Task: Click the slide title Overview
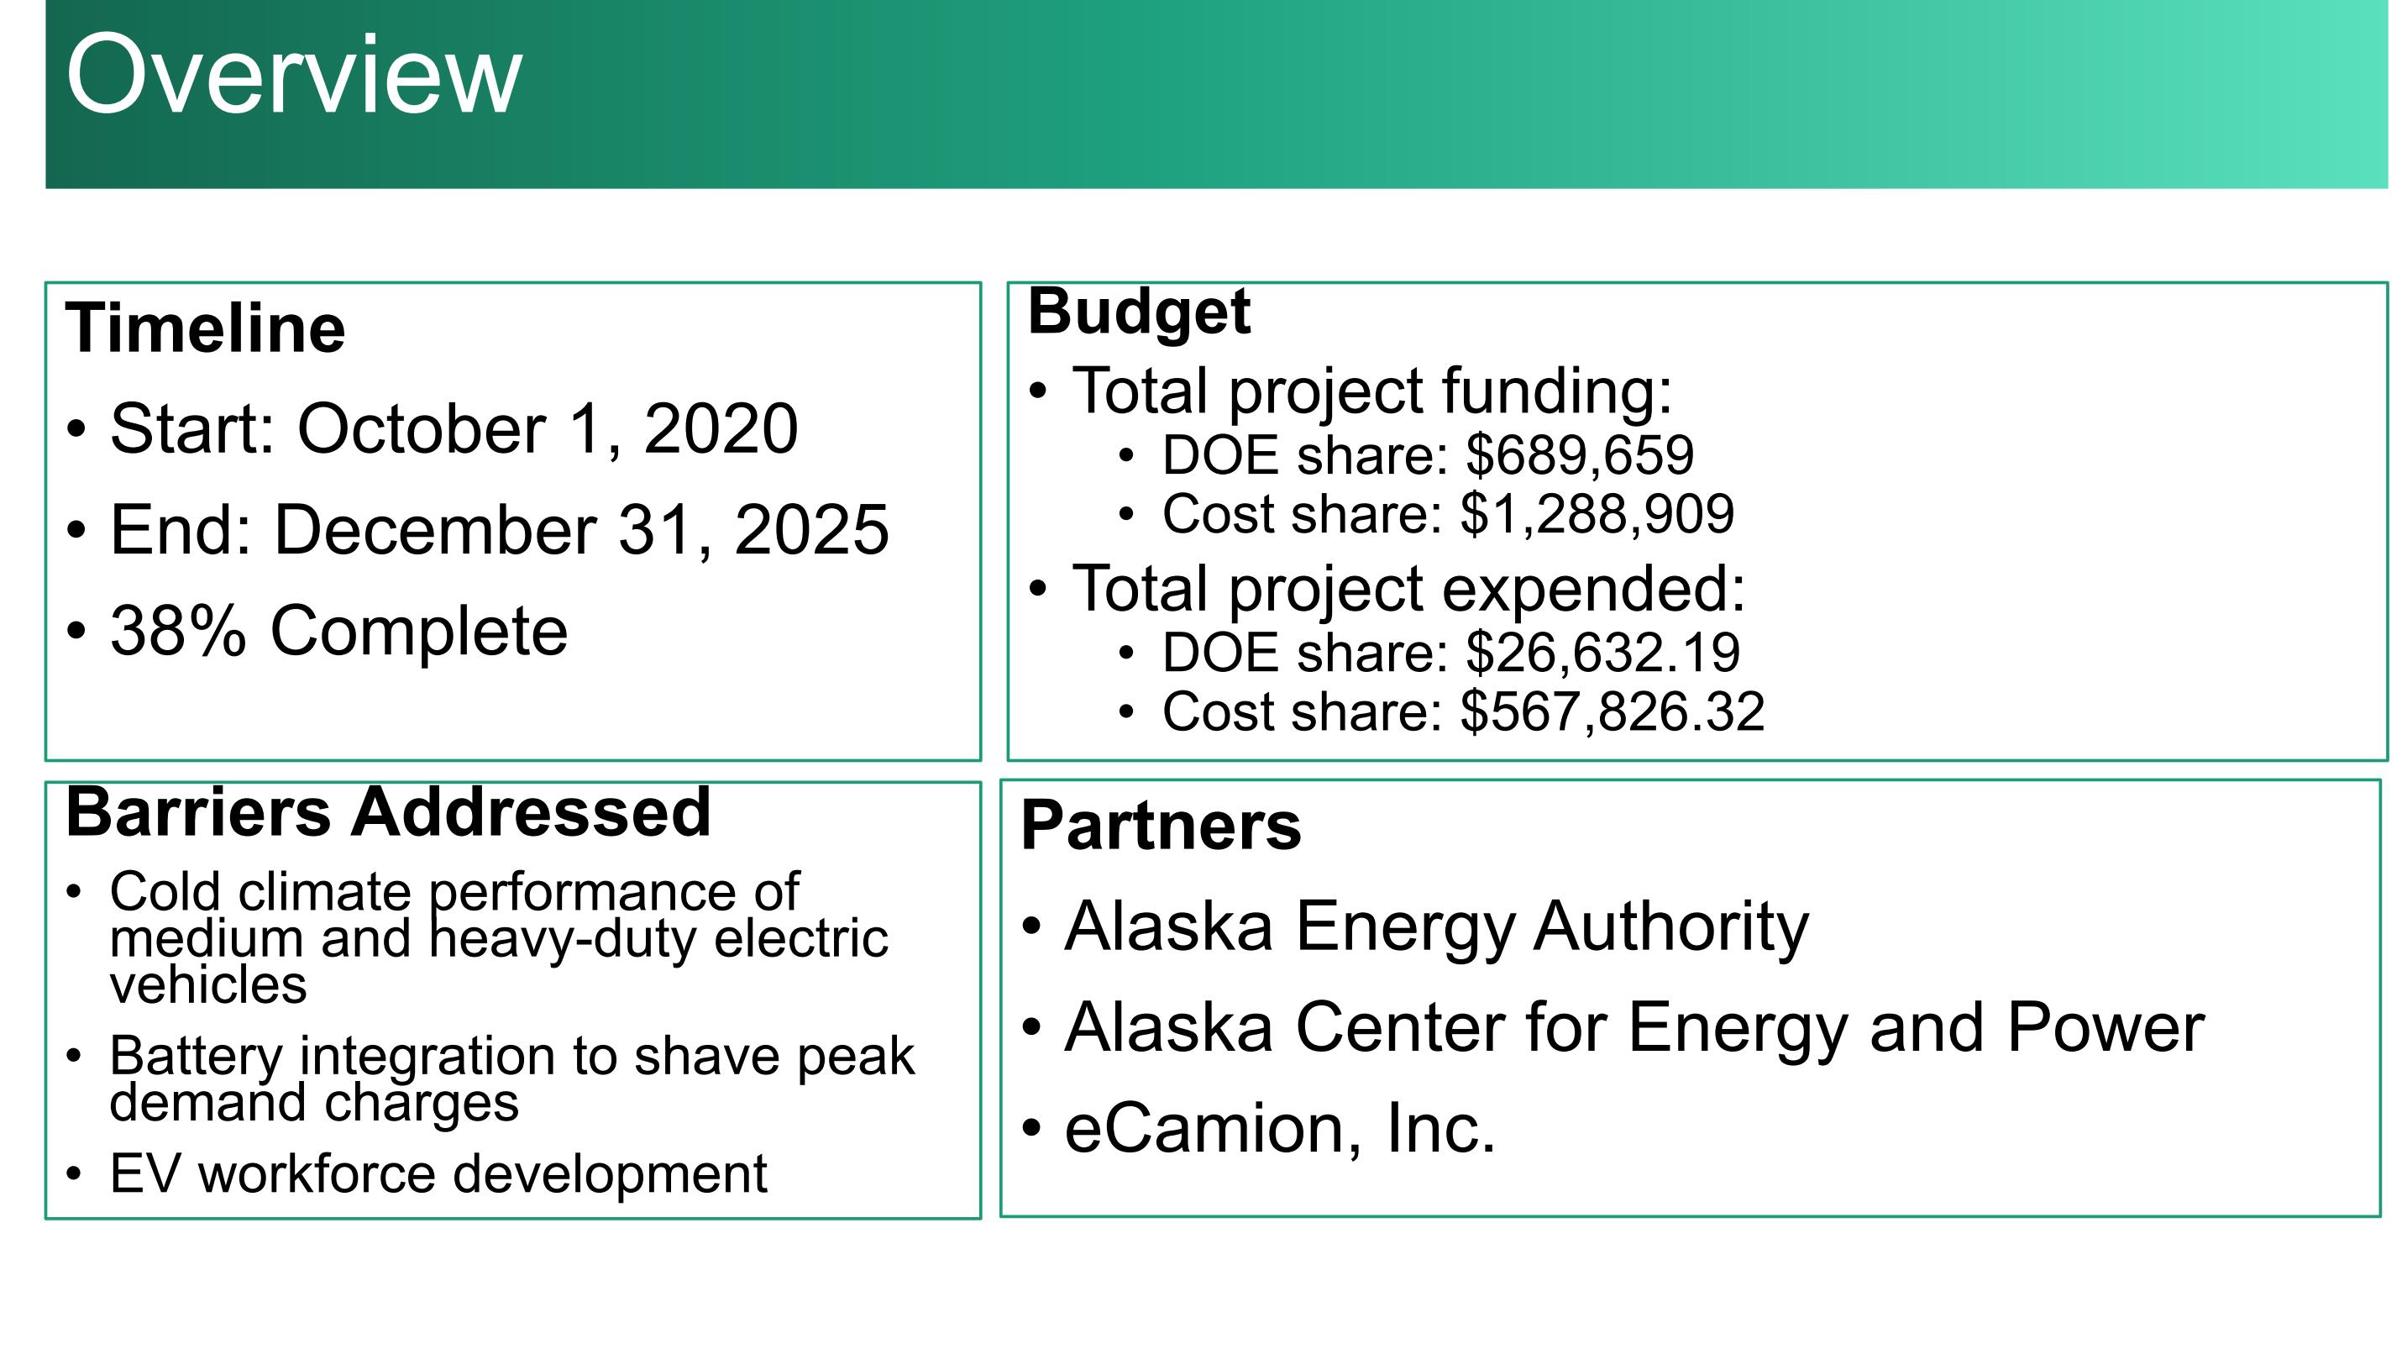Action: (293, 75)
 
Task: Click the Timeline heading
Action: (206, 329)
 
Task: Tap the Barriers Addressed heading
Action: (389, 811)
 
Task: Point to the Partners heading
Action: (1161, 825)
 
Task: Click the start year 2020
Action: (721, 429)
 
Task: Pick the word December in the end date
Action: (434, 530)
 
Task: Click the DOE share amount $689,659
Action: (1579, 456)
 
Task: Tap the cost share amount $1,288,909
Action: (1597, 515)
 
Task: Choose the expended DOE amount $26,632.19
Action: (1602, 653)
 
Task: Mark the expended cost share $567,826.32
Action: (1613, 712)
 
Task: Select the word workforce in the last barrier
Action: (317, 1173)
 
